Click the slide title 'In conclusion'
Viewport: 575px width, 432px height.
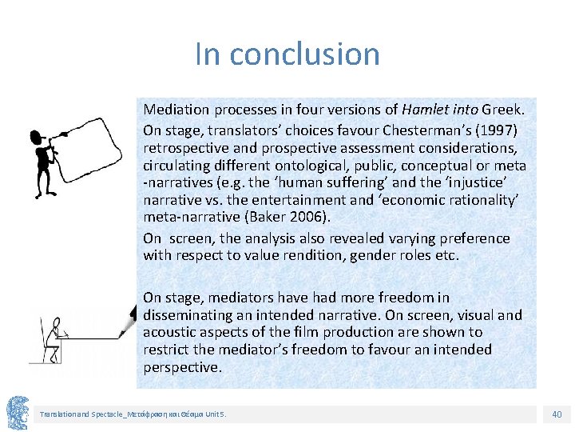(x=287, y=54)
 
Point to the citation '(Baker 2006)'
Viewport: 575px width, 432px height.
(x=272, y=218)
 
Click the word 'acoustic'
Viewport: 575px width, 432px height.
(x=169, y=332)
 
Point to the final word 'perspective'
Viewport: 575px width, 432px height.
(x=180, y=367)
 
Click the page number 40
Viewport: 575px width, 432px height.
(x=557, y=414)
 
